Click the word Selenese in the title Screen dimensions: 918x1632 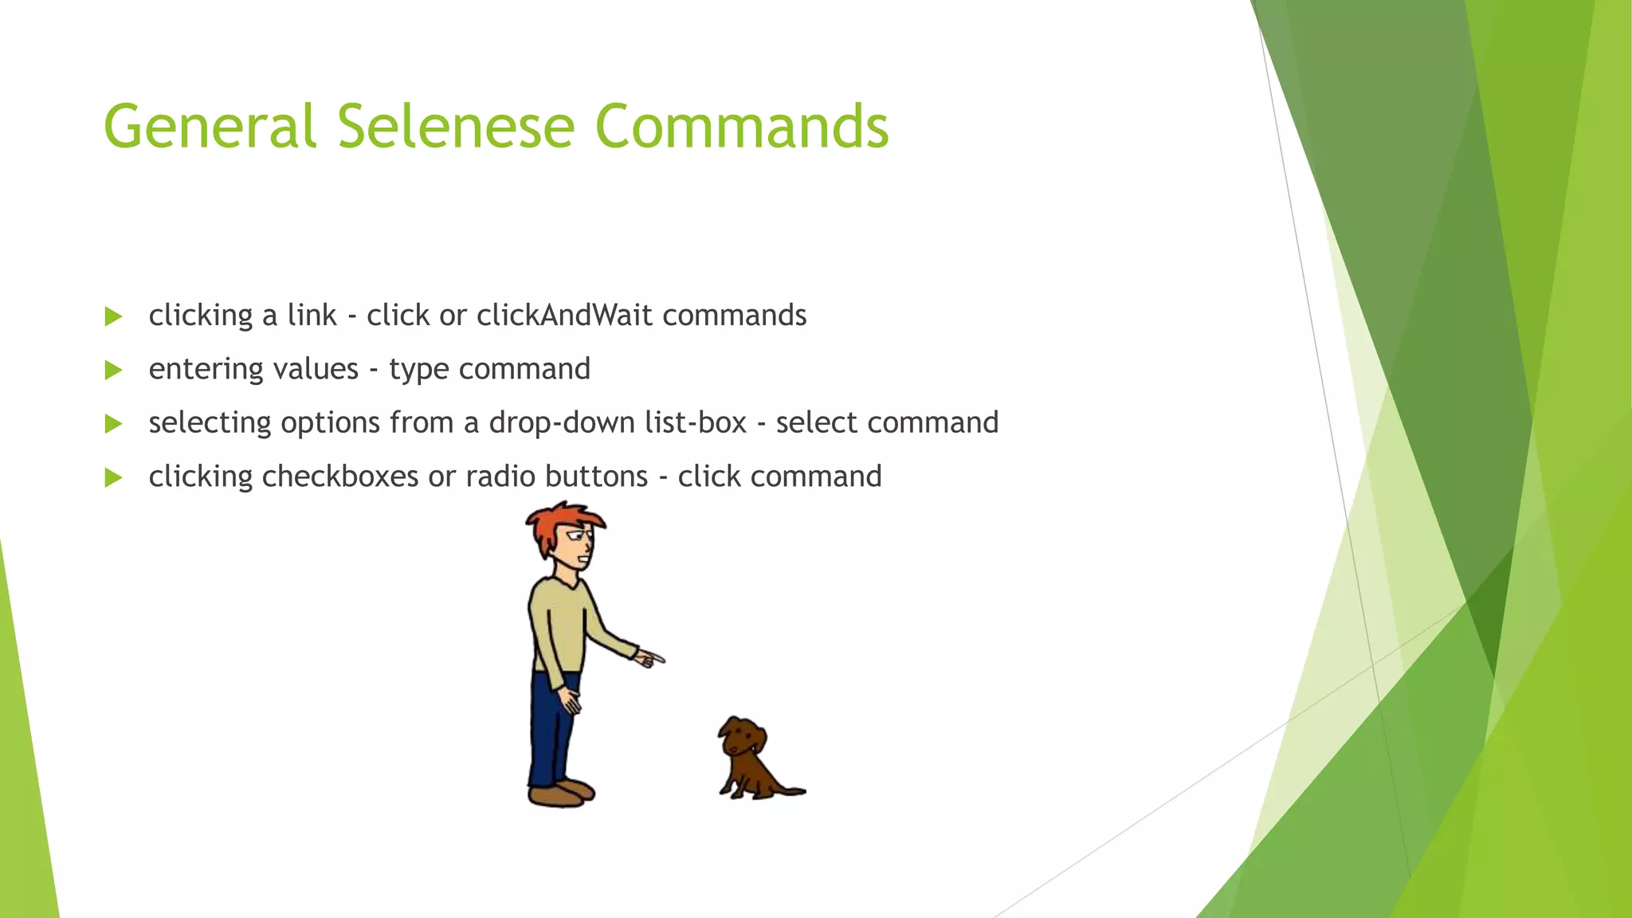click(455, 127)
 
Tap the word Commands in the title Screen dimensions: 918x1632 click(741, 127)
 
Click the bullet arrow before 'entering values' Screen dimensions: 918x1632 click(113, 370)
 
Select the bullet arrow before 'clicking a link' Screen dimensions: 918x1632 click(113, 316)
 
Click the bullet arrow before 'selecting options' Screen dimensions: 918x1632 click(113, 423)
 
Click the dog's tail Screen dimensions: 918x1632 click(791, 790)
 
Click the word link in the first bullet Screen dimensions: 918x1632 click(312, 316)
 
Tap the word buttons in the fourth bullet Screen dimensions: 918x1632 click(597, 477)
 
